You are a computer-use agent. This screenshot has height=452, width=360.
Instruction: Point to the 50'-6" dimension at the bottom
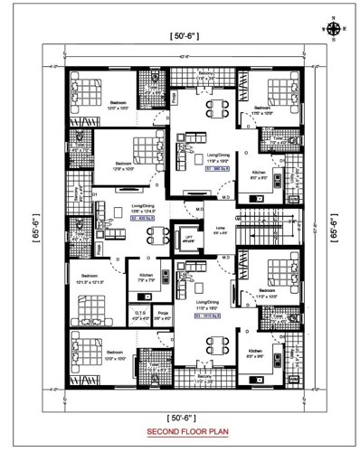(179, 417)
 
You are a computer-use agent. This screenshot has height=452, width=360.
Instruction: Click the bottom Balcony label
(206, 381)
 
